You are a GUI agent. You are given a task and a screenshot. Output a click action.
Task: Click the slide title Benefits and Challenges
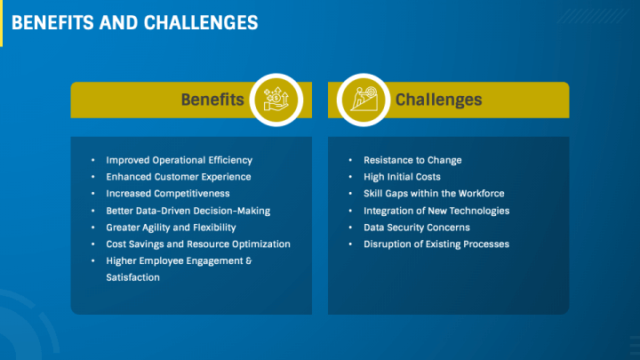tap(135, 22)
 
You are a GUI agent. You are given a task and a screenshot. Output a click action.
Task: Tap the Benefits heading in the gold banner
tap(212, 100)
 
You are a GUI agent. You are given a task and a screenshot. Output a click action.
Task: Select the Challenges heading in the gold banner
tap(438, 100)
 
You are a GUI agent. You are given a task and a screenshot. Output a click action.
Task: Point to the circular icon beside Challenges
tap(364, 100)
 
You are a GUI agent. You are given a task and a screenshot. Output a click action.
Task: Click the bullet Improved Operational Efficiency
tap(179, 160)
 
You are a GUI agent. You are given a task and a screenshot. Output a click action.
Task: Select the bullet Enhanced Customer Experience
tap(178, 177)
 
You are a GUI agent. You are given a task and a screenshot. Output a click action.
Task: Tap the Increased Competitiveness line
tap(167, 193)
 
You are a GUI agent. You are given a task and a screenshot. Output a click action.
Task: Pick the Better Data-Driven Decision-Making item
tap(188, 211)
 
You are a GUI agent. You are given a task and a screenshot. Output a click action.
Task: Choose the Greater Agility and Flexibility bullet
tap(171, 228)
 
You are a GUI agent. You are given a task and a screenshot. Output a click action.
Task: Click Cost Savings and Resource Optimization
tap(197, 244)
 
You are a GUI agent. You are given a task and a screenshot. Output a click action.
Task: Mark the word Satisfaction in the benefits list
tap(132, 277)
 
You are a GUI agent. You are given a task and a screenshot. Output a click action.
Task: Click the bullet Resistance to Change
tap(412, 160)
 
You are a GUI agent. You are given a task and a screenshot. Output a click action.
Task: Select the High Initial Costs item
tap(402, 177)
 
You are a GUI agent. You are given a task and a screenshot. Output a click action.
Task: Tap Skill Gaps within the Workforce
tap(434, 193)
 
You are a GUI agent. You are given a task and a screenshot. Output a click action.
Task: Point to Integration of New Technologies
tap(436, 211)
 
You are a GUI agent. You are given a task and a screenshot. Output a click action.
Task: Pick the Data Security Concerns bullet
tap(417, 228)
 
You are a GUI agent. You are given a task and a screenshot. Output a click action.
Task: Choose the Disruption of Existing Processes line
tap(436, 244)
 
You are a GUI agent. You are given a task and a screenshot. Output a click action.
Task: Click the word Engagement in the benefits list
tap(212, 260)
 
